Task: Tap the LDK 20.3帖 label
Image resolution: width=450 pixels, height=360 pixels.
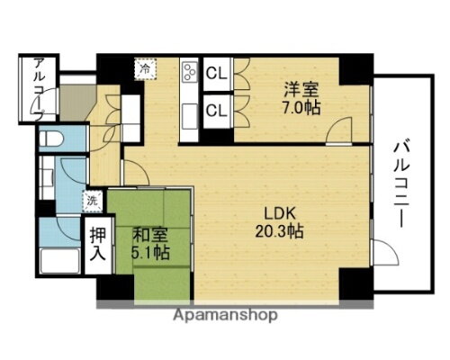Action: pos(282,221)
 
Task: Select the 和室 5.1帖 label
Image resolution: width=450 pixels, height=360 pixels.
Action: pos(149,242)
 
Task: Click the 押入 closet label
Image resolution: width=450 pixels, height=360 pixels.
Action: pos(97,242)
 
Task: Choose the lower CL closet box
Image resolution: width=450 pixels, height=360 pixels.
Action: pos(216,112)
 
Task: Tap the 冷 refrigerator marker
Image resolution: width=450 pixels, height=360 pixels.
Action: pos(144,66)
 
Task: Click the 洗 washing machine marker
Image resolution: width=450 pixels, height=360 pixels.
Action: pos(93,200)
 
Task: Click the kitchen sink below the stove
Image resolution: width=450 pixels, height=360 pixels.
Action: pos(190,115)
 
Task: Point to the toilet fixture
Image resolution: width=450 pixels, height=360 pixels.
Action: pos(53,139)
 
